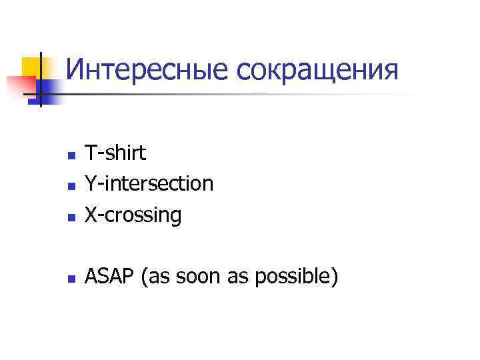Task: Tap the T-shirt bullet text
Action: (x=115, y=153)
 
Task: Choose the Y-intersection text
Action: (x=149, y=183)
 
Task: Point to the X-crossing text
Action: (x=133, y=215)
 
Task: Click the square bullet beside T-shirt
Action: (x=71, y=157)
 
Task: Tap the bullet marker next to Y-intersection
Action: (x=71, y=187)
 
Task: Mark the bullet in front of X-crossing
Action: (x=71, y=217)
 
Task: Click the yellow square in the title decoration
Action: (x=32, y=67)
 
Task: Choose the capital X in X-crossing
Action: (x=90, y=215)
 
